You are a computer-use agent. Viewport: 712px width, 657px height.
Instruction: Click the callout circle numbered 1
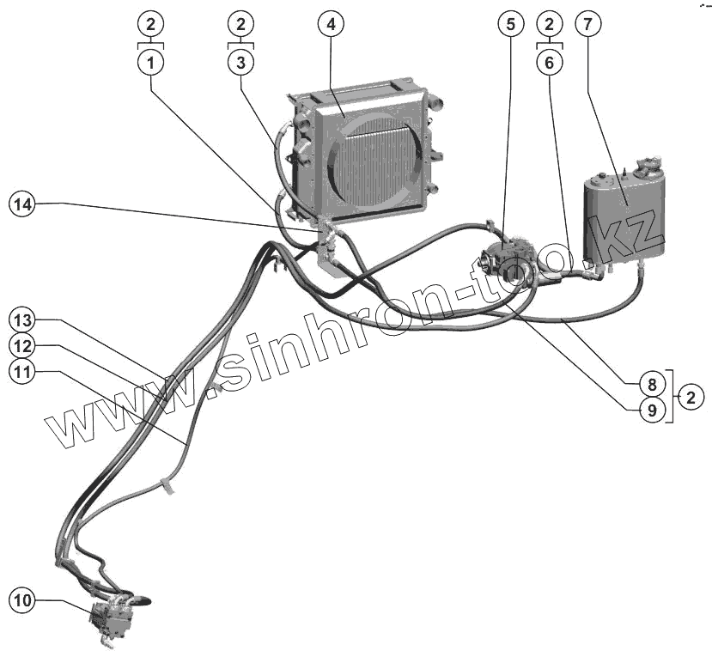coord(151,62)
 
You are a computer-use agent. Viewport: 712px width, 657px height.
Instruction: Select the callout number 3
coord(240,62)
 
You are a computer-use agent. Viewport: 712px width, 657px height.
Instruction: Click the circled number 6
coord(550,62)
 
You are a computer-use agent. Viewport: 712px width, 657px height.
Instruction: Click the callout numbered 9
coord(652,410)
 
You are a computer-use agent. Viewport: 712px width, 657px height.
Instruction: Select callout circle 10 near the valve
coord(23,600)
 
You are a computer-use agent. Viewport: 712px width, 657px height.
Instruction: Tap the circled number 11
coord(23,371)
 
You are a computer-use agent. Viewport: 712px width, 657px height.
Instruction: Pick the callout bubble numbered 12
coord(23,345)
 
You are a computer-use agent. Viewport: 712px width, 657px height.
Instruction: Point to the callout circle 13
coord(23,319)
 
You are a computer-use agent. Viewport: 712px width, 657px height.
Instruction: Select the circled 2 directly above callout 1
coord(151,23)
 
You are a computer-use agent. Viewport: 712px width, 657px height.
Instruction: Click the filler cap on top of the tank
coord(648,163)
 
